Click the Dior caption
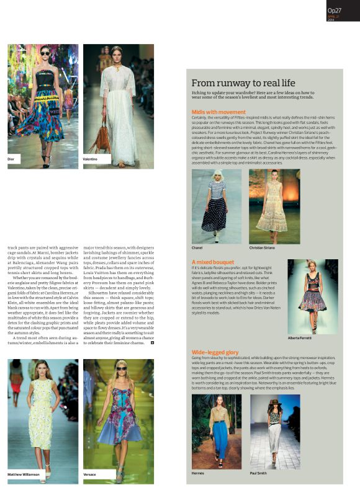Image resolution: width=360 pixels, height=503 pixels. [11, 159]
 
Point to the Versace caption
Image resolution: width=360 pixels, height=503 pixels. [89, 474]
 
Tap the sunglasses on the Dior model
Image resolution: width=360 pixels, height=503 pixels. [45, 53]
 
